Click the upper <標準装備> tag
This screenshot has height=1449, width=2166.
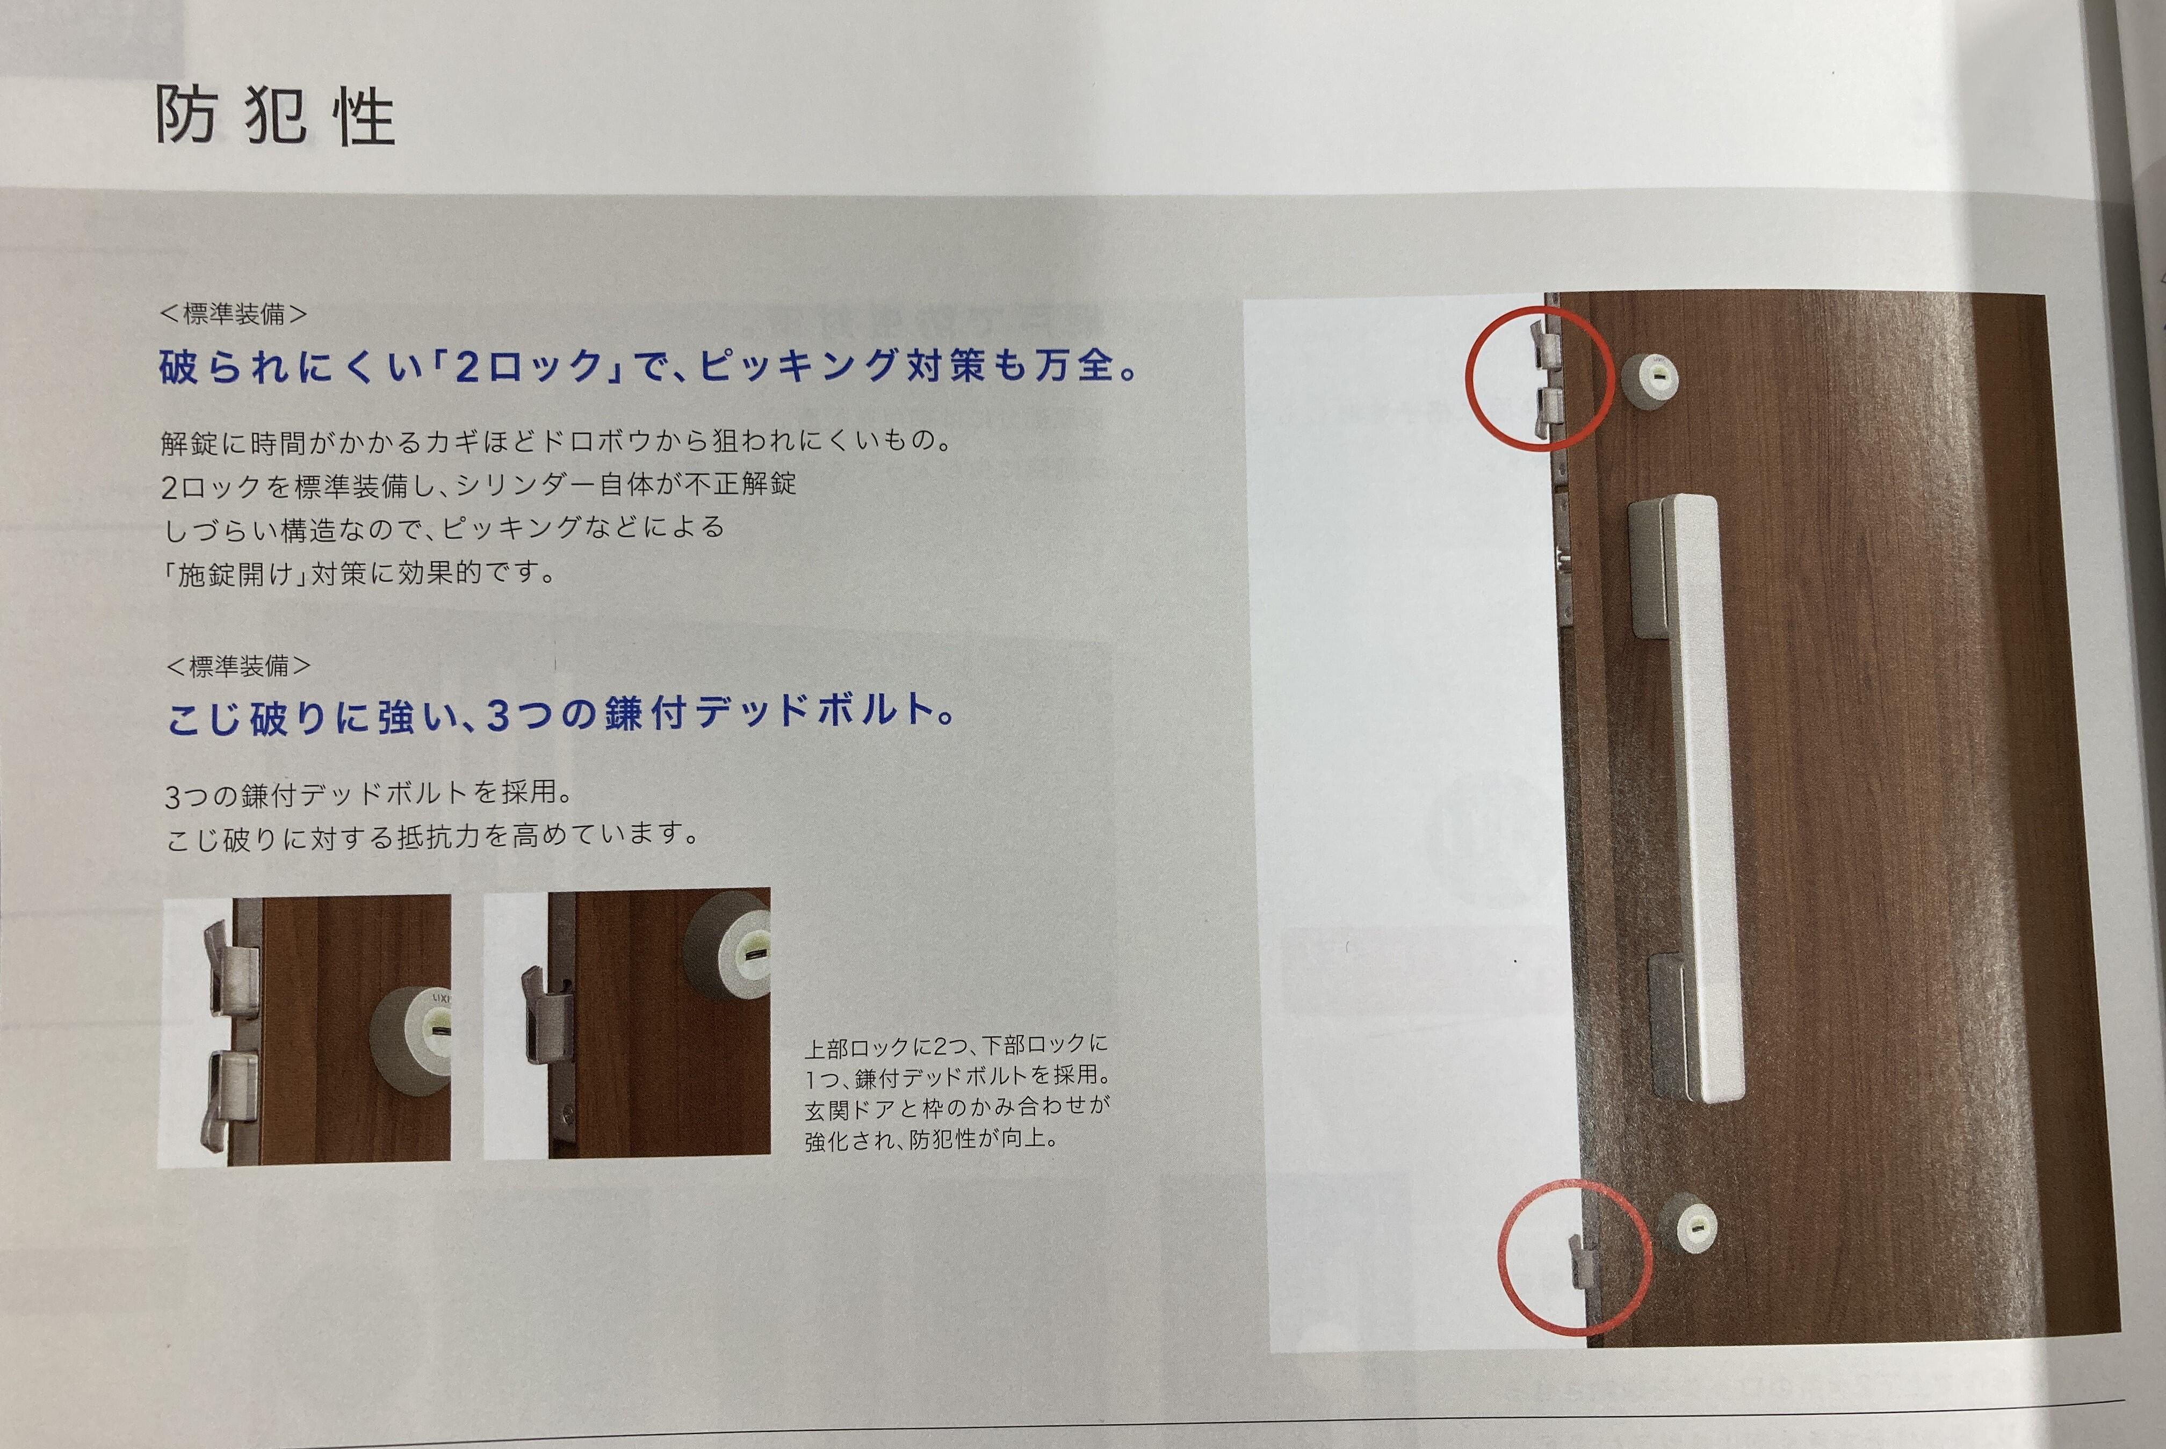click(233, 314)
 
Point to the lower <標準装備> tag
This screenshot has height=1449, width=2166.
click(239, 665)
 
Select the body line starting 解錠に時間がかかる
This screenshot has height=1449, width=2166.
click(557, 441)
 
